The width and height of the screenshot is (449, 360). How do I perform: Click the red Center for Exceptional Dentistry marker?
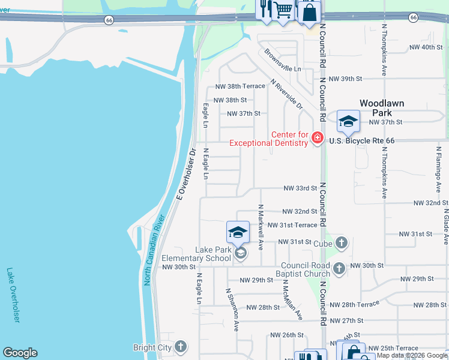click(318, 139)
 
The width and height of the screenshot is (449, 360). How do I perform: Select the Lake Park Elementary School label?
click(196, 254)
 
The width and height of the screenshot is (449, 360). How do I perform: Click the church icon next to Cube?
click(341, 243)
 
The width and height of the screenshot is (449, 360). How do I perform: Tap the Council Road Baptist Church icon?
click(339, 268)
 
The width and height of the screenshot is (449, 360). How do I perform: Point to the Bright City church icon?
click(180, 347)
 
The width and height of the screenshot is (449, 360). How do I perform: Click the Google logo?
click(20, 353)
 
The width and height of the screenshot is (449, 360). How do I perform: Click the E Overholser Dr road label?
click(185, 173)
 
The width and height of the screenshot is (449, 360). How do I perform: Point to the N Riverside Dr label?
click(286, 94)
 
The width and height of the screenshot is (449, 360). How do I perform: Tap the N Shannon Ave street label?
click(232, 309)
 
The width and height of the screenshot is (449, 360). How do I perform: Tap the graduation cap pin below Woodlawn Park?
click(348, 122)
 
